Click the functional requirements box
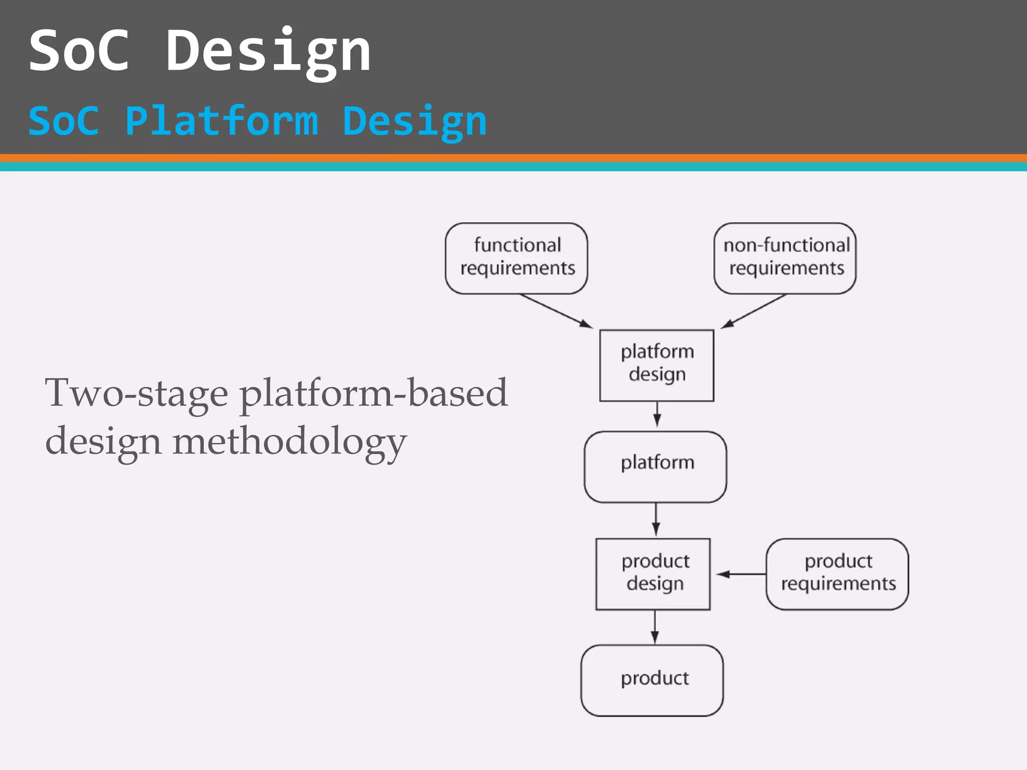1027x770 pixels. click(517, 258)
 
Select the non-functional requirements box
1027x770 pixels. click(785, 258)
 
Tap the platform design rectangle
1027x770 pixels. click(656, 365)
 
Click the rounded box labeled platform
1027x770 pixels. click(655, 467)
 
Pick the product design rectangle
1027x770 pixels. click(653, 574)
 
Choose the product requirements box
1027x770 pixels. click(837, 574)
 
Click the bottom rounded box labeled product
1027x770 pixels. click(652, 680)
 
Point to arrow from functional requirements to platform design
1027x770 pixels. click(557, 311)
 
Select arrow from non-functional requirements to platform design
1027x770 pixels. click(754, 311)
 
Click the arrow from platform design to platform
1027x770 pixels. click(657, 414)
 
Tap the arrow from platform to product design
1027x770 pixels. click(656, 520)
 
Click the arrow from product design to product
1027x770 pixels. click(654, 627)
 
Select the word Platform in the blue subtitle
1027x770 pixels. click(221, 121)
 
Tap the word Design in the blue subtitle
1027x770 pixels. click(414, 121)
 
